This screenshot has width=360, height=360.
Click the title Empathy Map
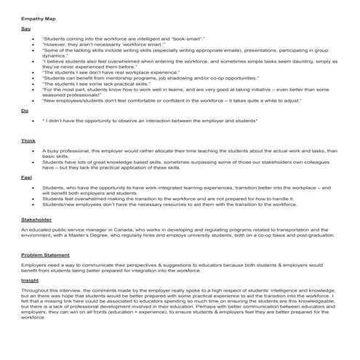pos(38,14)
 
